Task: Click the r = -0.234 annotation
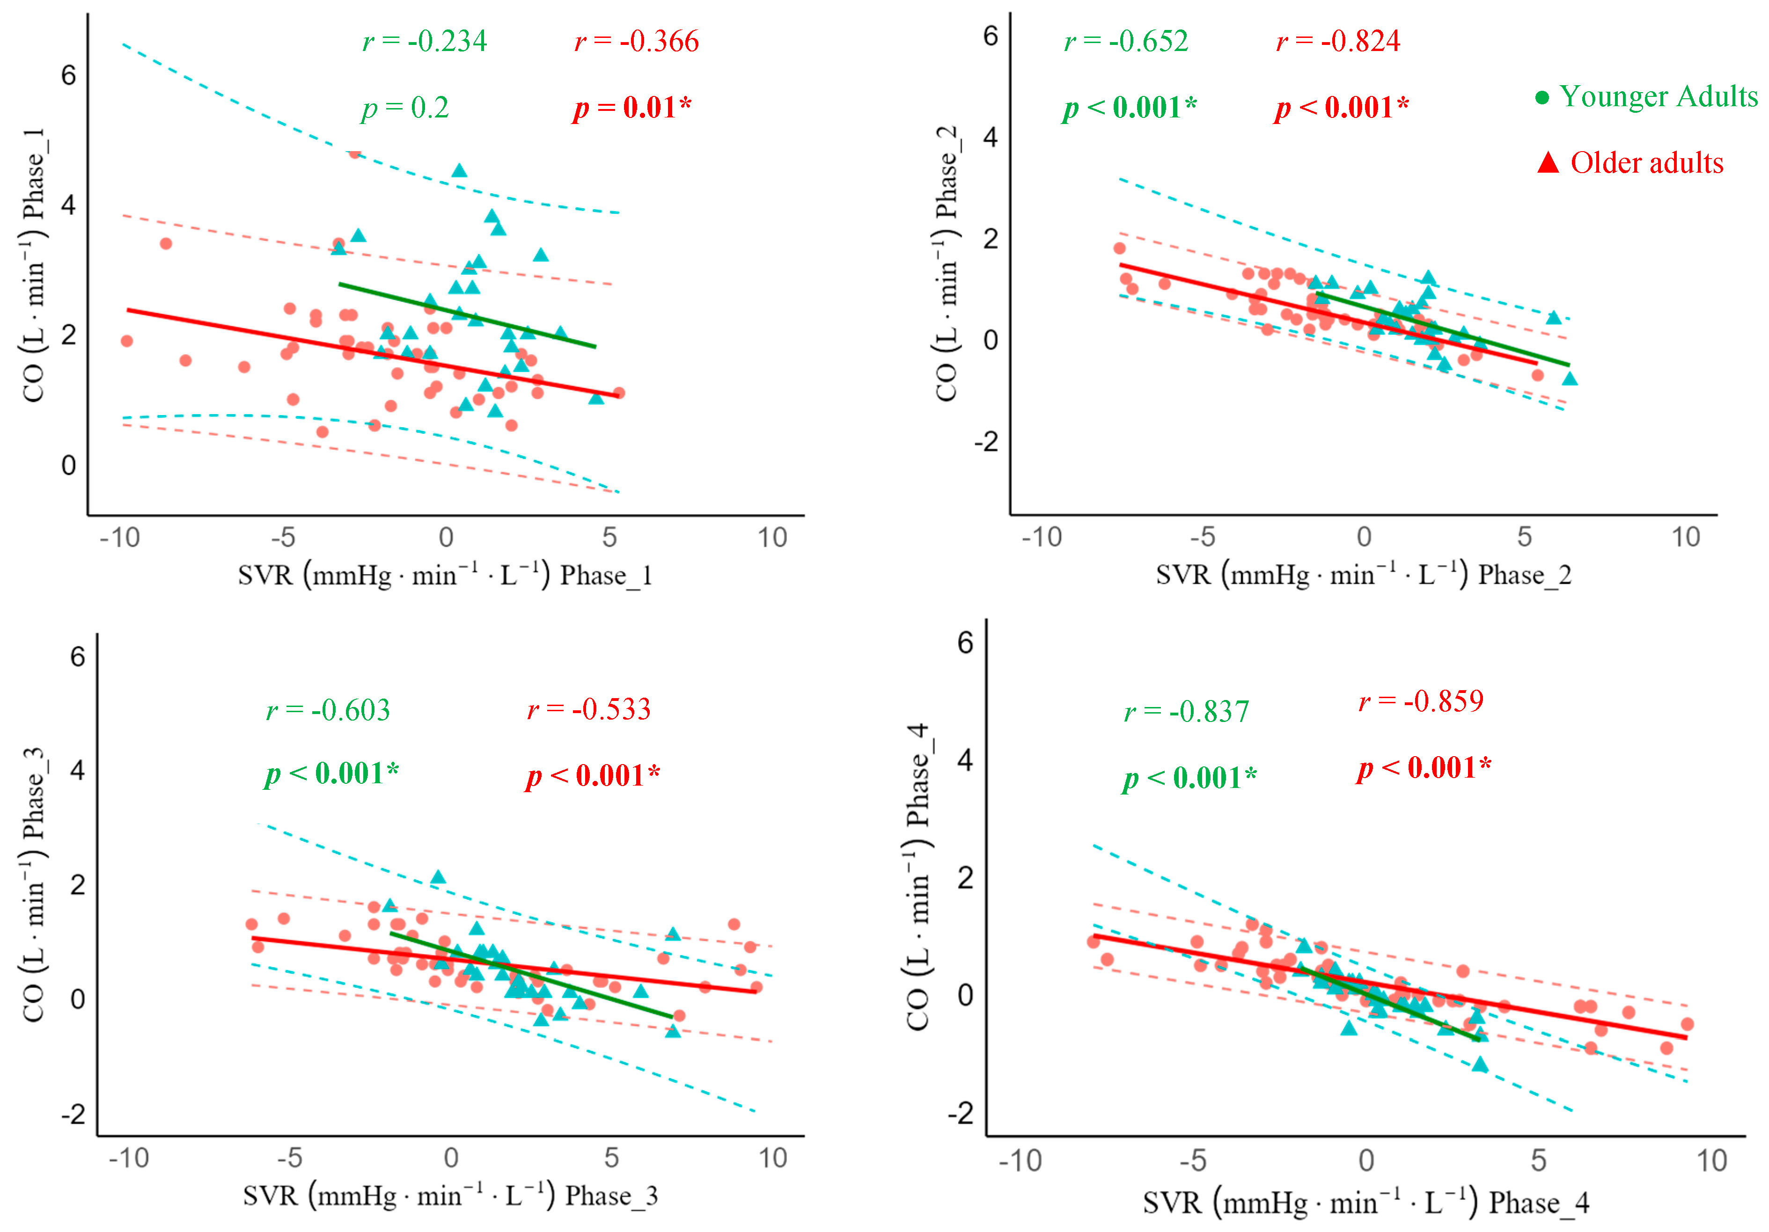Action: pos(425,41)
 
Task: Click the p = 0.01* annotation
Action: pos(632,107)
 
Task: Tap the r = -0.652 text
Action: pos(1126,41)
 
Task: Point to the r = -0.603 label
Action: pos(328,709)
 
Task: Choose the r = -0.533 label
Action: pos(588,708)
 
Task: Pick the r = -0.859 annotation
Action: pos(1421,701)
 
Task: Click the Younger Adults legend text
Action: pos(1658,96)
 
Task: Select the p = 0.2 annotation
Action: pos(405,108)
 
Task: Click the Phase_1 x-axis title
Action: pos(445,575)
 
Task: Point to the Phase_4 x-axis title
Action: pos(1365,1202)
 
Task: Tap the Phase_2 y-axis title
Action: pos(946,262)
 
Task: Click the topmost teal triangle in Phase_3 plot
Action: pos(438,877)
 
